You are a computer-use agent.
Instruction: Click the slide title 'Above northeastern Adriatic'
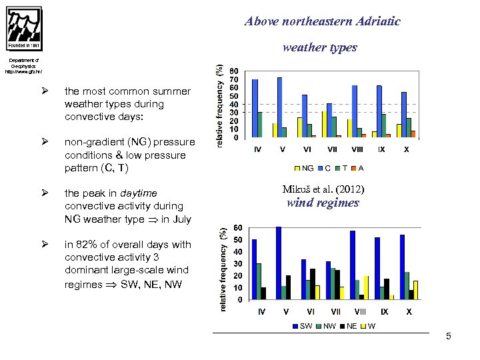[322, 21]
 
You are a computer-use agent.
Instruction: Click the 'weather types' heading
[319, 47]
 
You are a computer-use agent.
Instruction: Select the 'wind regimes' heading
[323, 203]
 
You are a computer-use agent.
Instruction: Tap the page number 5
[449, 337]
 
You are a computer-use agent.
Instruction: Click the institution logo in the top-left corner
[24, 28]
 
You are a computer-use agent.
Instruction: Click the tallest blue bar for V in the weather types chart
[279, 107]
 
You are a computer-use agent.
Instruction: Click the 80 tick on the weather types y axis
[233, 71]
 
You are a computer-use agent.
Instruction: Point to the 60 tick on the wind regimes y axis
[237, 228]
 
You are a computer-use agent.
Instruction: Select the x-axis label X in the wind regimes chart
[409, 311]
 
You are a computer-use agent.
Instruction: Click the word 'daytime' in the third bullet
[139, 193]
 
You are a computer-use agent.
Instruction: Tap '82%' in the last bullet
[87, 245]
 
